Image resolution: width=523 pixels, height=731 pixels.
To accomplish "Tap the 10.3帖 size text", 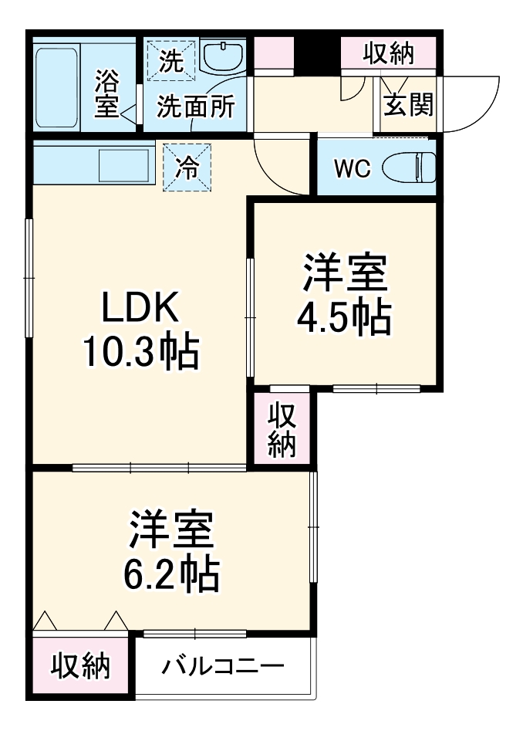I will (x=142, y=354).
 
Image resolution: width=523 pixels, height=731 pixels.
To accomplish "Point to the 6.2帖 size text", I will (x=171, y=574).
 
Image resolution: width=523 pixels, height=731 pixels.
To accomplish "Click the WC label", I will (x=352, y=168).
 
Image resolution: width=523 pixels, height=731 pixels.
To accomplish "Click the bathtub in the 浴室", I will (x=57, y=89).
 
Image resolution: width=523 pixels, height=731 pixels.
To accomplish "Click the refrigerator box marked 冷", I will (x=186, y=168).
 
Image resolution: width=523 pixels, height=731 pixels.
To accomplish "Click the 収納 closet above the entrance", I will (x=389, y=54).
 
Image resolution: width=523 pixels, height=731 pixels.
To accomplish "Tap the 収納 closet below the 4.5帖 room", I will (x=282, y=429).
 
